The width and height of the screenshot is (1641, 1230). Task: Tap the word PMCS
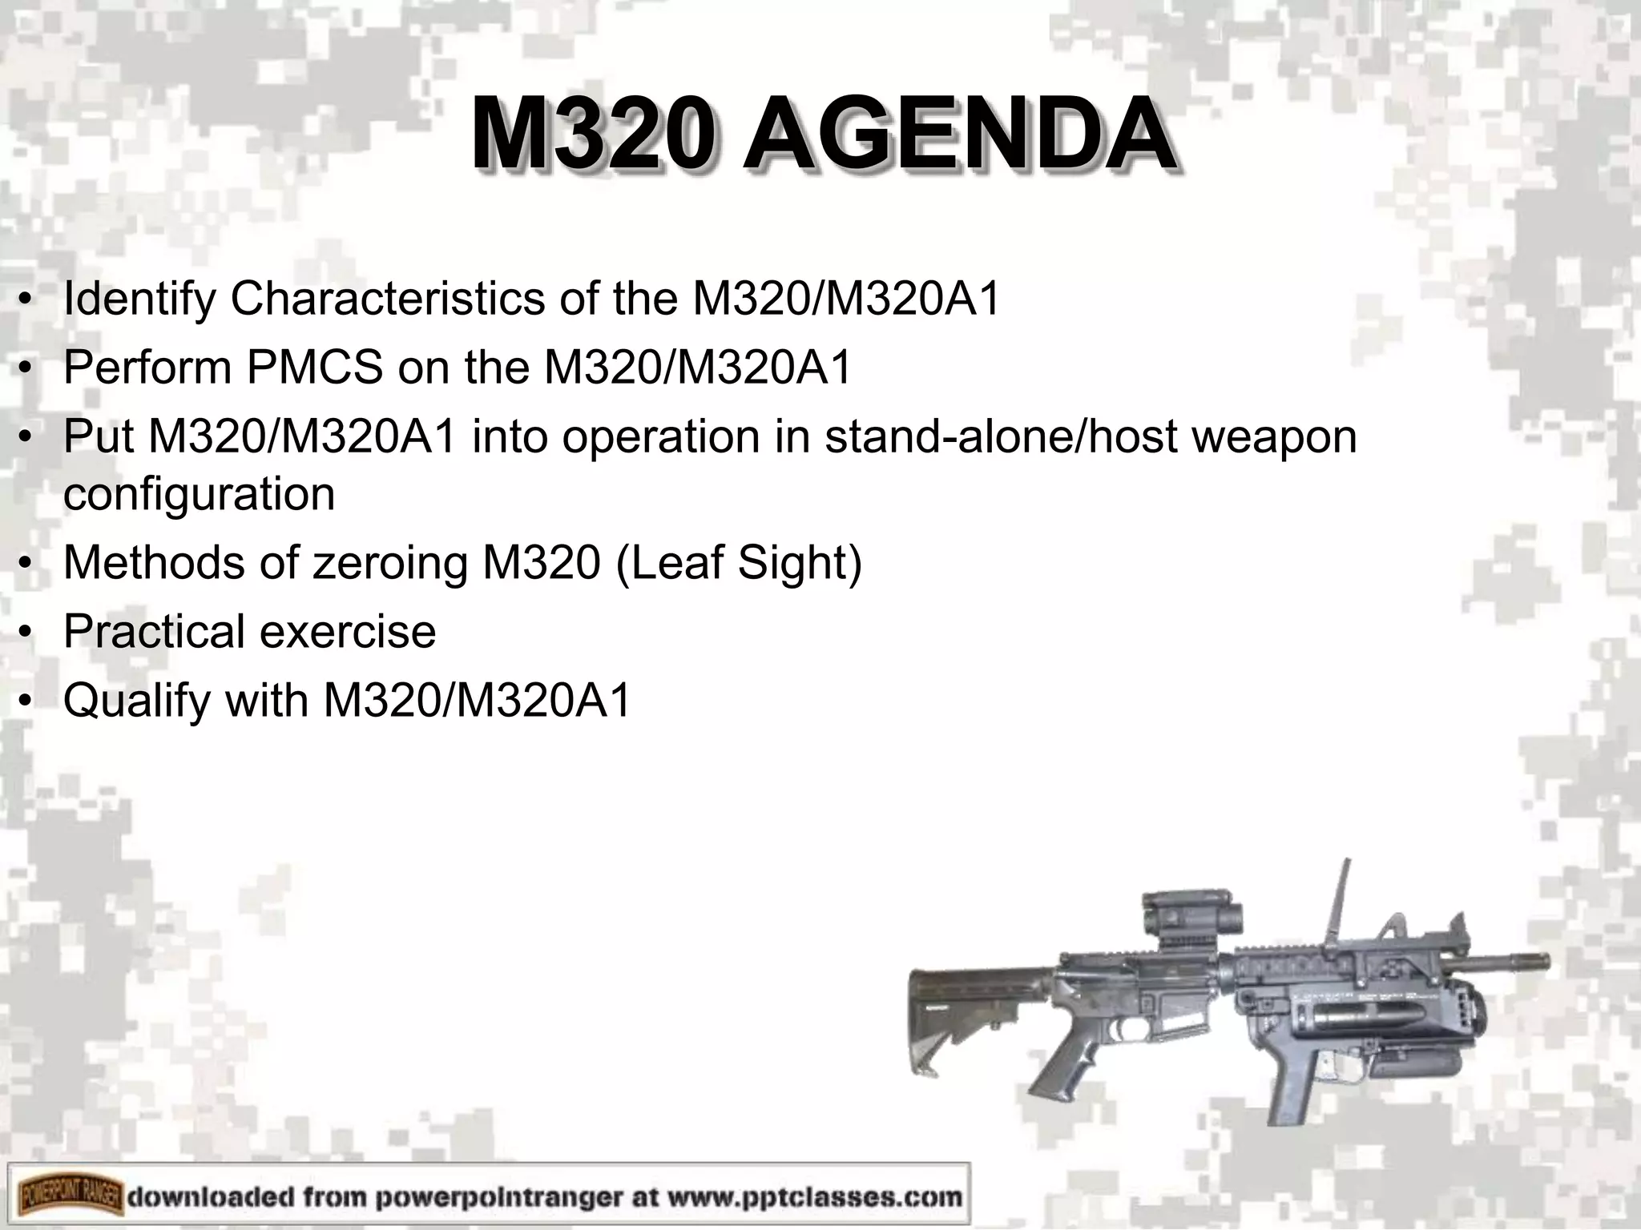click(x=314, y=368)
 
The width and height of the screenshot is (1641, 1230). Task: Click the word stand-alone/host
click(x=1002, y=437)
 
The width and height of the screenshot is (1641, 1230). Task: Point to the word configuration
click(x=199, y=494)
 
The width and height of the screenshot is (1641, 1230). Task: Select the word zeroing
click(x=389, y=562)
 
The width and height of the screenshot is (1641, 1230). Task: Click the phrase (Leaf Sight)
click(x=738, y=562)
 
